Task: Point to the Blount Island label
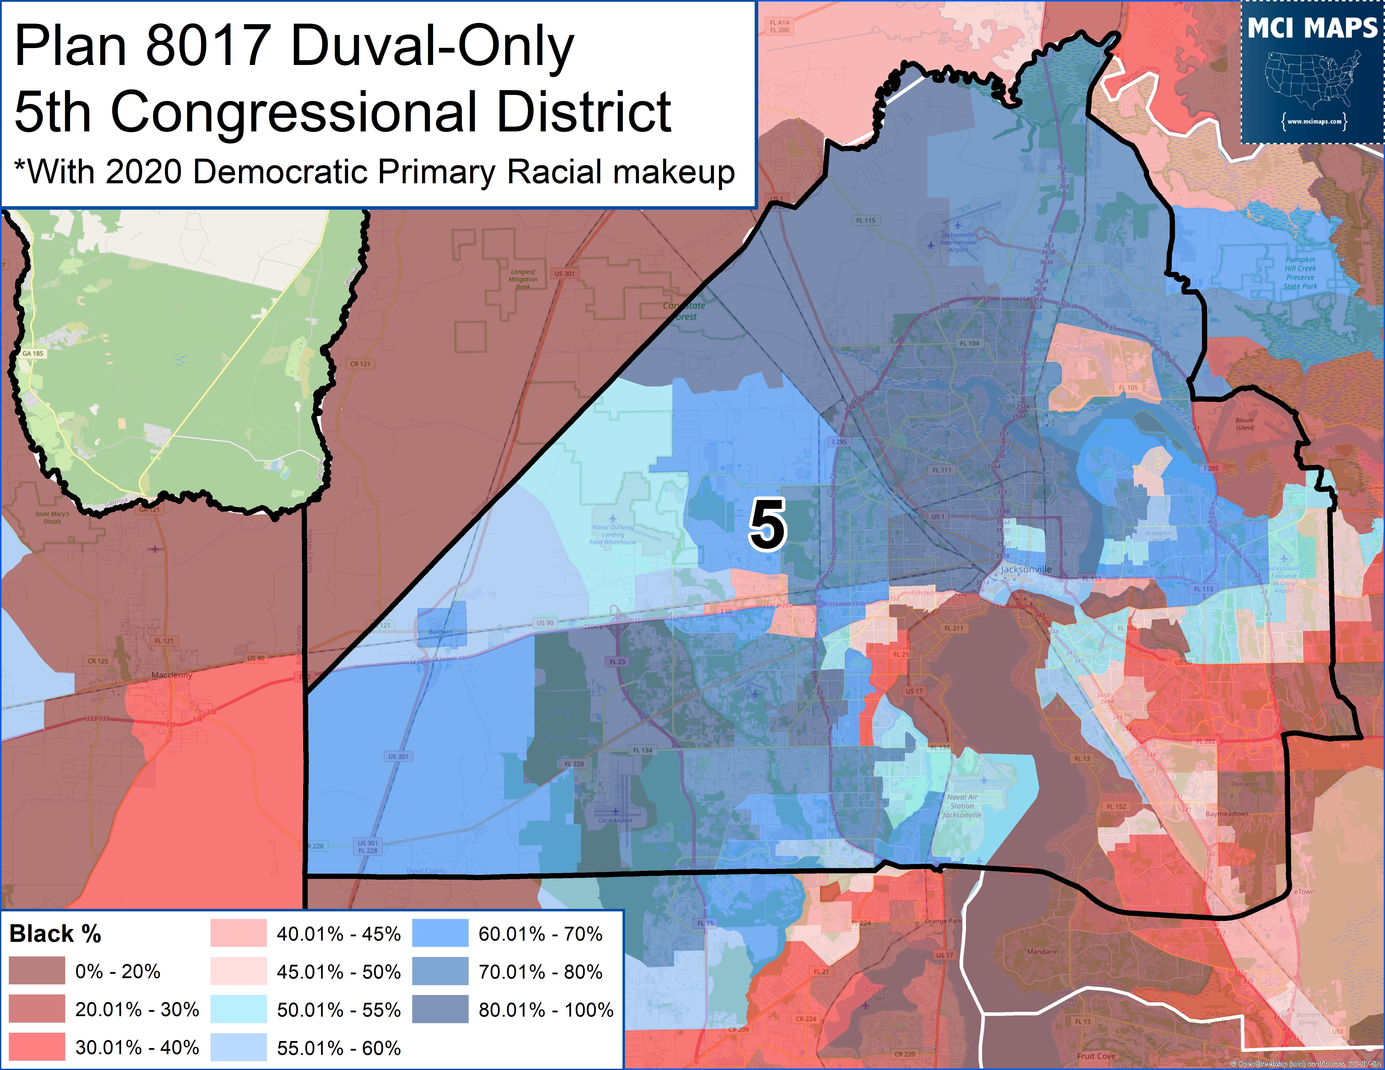coord(1244,423)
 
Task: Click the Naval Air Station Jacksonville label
coord(962,806)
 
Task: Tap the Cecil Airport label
coord(615,819)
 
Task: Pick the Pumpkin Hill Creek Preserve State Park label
coord(1300,273)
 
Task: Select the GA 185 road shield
coord(33,353)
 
